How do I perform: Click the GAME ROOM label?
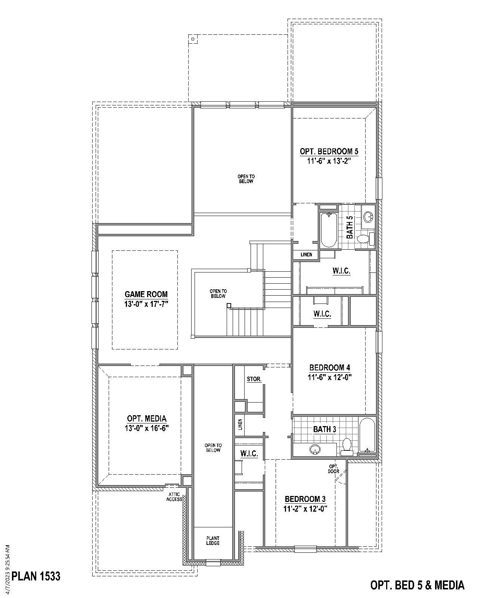[x=146, y=294]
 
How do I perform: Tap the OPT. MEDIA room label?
[x=147, y=419]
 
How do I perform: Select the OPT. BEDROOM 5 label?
[x=329, y=151]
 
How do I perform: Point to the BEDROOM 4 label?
[x=330, y=367]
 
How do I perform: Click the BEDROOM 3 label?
[x=305, y=499]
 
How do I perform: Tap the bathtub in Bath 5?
[x=329, y=229]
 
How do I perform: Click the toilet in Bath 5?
[x=364, y=238]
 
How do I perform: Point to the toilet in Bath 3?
[x=347, y=446]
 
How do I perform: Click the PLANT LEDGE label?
[x=213, y=541]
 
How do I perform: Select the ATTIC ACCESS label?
[x=174, y=497]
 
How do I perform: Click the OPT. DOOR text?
[x=333, y=469]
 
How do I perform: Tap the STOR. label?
[x=254, y=379]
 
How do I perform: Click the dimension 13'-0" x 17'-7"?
[x=146, y=304]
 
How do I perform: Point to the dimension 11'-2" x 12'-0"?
[x=305, y=508]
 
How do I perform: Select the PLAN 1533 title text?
[x=36, y=576]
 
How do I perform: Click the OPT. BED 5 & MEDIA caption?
[x=417, y=585]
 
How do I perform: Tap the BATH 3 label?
[x=325, y=429]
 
